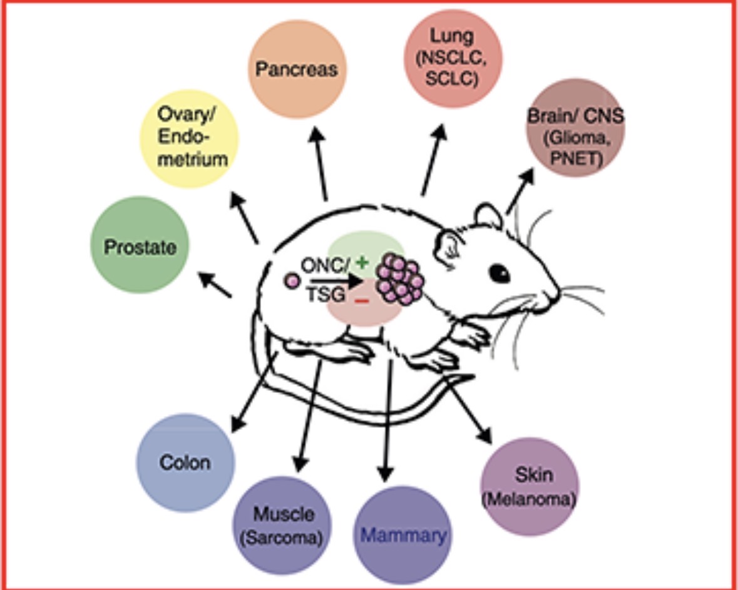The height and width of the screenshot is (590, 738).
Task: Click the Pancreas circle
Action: [298, 69]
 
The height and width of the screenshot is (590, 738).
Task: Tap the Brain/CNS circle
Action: [575, 128]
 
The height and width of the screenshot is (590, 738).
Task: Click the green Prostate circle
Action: [140, 246]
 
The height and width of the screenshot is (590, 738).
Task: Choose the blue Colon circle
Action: [185, 462]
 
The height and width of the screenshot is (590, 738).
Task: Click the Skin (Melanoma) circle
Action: [529, 486]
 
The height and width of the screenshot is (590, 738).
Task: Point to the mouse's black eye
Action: [499, 272]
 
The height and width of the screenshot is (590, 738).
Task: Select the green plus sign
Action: [361, 263]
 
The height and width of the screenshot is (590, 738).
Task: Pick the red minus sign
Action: [361, 301]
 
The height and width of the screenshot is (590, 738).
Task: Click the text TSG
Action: [324, 295]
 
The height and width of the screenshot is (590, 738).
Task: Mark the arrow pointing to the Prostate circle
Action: [214, 285]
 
